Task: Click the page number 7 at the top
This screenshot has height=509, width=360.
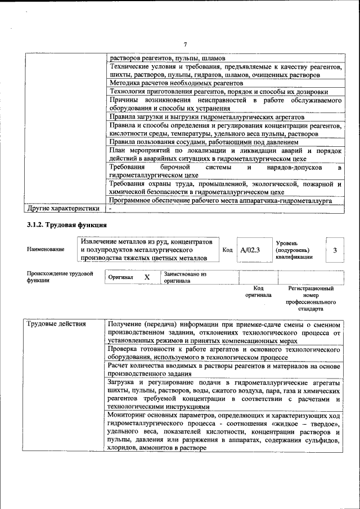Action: click(x=184, y=44)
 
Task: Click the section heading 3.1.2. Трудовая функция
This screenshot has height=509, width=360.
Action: click(x=67, y=226)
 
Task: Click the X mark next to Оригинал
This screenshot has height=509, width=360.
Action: click(x=147, y=277)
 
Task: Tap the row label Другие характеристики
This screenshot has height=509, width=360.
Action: click(x=64, y=209)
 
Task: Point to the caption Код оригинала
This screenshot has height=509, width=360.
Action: click(x=258, y=291)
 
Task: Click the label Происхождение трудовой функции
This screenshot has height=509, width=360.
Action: click(x=60, y=277)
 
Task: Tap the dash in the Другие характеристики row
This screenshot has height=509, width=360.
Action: click(x=111, y=209)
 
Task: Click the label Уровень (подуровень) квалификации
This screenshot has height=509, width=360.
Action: click(x=293, y=249)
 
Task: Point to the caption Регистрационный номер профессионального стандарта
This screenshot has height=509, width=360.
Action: click(x=310, y=298)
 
